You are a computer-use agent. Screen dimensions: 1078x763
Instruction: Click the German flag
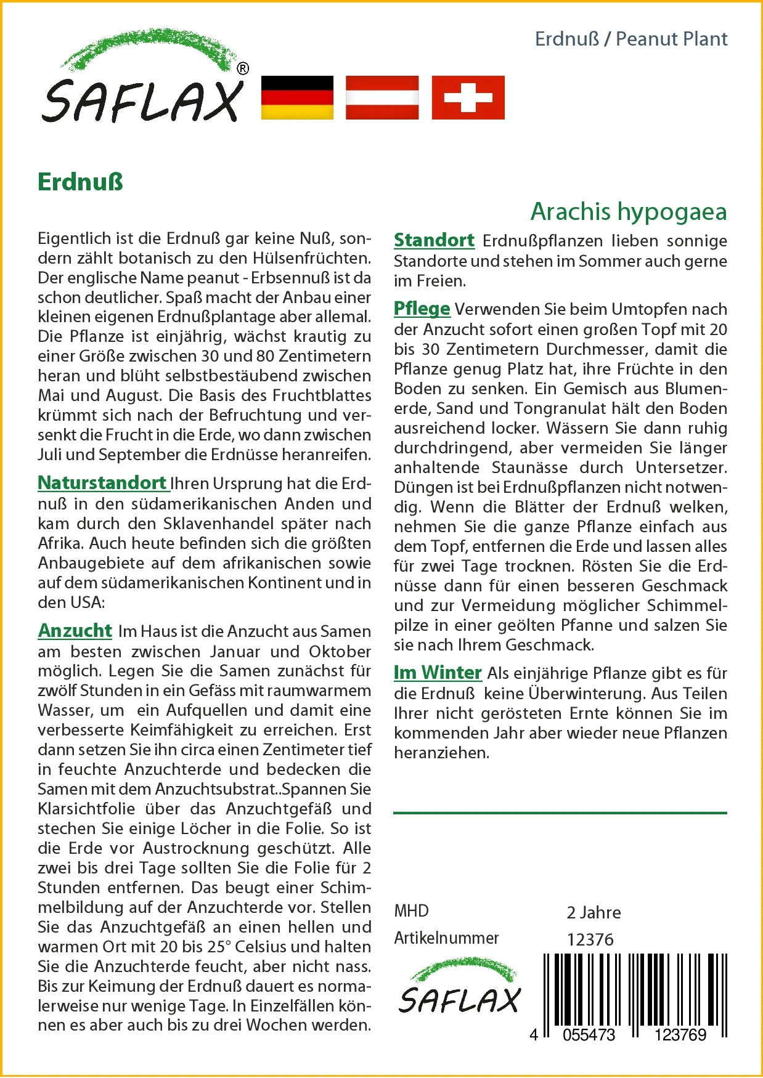click(297, 97)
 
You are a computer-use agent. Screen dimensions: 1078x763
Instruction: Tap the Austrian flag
click(382, 97)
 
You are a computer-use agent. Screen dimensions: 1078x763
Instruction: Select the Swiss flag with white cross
click(468, 97)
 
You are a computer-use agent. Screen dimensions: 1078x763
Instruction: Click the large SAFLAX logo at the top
click(143, 80)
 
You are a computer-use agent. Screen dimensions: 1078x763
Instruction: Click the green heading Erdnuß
click(81, 182)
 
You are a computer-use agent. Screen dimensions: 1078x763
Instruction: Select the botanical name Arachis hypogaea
click(629, 212)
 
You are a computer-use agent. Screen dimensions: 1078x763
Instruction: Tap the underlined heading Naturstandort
click(102, 483)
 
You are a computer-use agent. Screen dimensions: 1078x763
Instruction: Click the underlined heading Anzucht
click(75, 631)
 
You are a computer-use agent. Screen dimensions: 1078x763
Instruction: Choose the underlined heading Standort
click(434, 240)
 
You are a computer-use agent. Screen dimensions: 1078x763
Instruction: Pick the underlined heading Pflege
click(422, 309)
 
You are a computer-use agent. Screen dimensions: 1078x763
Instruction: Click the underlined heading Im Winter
click(438, 673)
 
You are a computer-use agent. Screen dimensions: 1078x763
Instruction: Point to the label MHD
click(411, 911)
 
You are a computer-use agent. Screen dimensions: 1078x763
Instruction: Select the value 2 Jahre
click(594, 912)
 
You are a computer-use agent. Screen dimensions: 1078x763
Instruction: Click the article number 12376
click(590, 939)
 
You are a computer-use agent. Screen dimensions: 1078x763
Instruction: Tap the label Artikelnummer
click(446, 938)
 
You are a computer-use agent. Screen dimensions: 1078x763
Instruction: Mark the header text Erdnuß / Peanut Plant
click(630, 39)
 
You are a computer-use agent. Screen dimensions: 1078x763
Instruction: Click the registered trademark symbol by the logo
click(243, 68)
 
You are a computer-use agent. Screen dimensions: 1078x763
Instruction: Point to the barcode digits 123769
click(680, 1035)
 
